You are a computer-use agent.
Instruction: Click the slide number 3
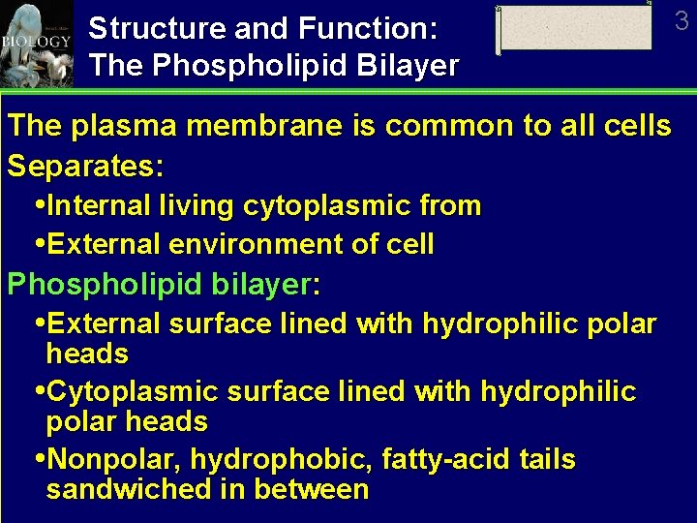(682, 20)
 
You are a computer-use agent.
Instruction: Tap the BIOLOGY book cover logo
(37, 43)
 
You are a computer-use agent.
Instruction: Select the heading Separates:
(85, 166)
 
